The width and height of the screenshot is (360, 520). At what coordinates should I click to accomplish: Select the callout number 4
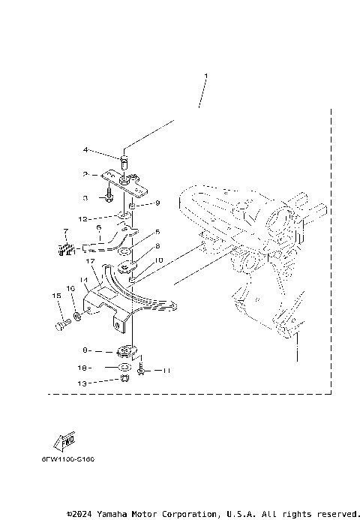coord(86,149)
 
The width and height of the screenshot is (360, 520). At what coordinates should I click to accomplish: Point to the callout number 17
coord(88,262)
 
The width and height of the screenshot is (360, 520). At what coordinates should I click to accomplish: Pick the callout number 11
coord(168,371)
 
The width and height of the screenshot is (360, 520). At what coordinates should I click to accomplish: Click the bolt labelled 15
coord(61,326)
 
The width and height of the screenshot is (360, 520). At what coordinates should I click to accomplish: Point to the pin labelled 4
coord(124,160)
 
